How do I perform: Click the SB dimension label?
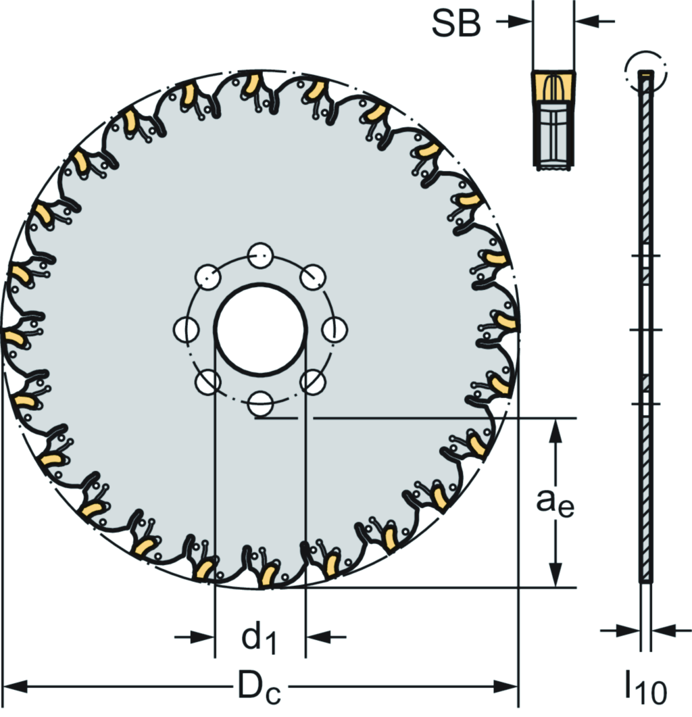(x=456, y=24)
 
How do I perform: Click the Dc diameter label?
(x=259, y=687)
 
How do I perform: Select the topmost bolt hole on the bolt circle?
(x=260, y=255)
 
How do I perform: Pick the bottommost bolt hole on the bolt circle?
(x=260, y=403)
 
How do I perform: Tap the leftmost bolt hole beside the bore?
(x=186, y=329)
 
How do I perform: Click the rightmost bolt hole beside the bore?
(x=335, y=329)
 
